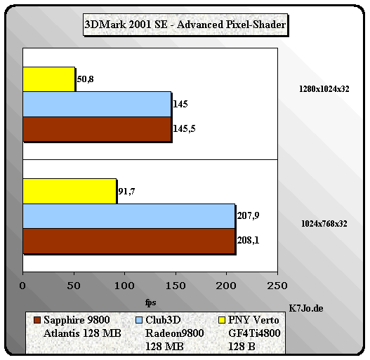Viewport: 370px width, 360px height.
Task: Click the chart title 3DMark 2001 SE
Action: pyautogui.click(x=126, y=25)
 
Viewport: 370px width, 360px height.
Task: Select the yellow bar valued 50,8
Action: pyautogui.click(x=49, y=79)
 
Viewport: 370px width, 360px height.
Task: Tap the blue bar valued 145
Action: pyautogui.click(x=97, y=105)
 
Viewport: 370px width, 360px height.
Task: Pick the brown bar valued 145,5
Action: pyautogui.click(x=97, y=129)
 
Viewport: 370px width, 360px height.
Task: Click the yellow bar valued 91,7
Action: pyautogui.click(x=70, y=192)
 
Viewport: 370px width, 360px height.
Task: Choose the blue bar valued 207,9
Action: pyautogui.click(x=129, y=216)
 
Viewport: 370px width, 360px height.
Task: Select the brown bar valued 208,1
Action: pyautogui.click(x=129, y=241)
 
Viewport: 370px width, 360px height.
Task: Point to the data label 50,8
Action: pyautogui.click(x=85, y=79)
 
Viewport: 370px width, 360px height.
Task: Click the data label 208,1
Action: pyautogui.click(x=248, y=241)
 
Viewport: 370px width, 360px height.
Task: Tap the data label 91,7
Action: pyautogui.click(x=126, y=192)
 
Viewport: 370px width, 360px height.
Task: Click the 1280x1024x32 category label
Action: pyautogui.click(x=324, y=89)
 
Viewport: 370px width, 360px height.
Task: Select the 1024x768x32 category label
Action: pyautogui.click(x=324, y=224)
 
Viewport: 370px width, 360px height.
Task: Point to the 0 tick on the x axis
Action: pyautogui.click(x=22, y=286)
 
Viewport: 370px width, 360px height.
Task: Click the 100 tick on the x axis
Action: pyautogui.click(x=124, y=286)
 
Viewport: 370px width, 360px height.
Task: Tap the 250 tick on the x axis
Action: pyautogui.click(x=277, y=286)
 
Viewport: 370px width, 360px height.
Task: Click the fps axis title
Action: pyautogui.click(x=150, y=302)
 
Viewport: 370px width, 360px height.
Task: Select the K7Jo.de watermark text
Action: pyautogui.click(x=306, y=308)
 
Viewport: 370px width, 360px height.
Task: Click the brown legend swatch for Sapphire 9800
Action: pyautogui.click(x=37, y=320)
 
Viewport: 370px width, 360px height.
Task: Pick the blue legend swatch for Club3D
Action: pyautogui.click(x=139, y=320)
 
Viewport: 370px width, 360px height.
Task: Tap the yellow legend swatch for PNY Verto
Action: pyautogui.click(x=222, y=320)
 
